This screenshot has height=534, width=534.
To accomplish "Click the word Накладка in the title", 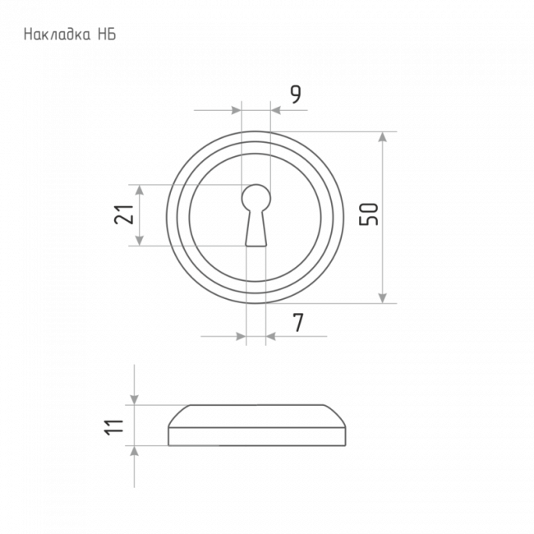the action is (x=58, y=35).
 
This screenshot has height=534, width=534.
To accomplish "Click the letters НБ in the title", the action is (x=108, y=35).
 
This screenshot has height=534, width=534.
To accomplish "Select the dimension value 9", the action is (x=296, y=94).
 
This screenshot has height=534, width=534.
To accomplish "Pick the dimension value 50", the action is (x=369, y=214).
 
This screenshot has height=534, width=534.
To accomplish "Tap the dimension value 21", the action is (x=123, y=214).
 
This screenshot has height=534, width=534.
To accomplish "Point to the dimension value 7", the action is (x=298, y=323).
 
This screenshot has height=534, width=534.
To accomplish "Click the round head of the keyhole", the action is (x=256, y=198).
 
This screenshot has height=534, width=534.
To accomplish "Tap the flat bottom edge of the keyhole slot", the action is (x=255, y=245).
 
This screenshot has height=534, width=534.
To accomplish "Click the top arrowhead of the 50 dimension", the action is (x=383, y=137).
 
